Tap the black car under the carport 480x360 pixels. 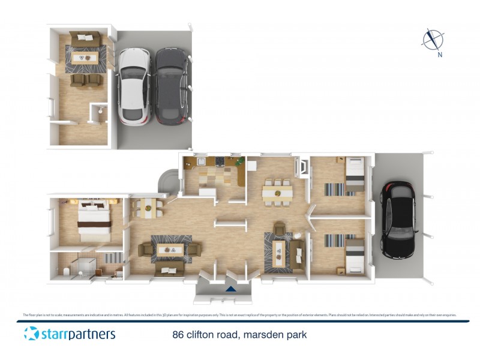(x=397, y=219)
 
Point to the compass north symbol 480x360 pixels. (x=432, y=40)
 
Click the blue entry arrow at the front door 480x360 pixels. (x=230, y=289)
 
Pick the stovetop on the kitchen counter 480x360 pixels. (x=220, y=161)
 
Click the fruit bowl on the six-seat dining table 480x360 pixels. (x=277, y=193)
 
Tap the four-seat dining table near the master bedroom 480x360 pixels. (x=148, y=207)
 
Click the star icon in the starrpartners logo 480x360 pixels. (x=31, y=334)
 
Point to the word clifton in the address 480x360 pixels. (x=203, y=335)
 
